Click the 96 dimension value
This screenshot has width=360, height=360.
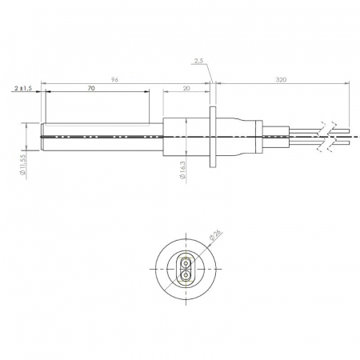tap(114, 80)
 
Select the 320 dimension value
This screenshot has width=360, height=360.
tap(281, 80)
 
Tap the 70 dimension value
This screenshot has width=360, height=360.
tap(91, 88)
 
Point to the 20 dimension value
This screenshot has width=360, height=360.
tap(186, 88)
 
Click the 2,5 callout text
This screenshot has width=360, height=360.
tap(198, 61)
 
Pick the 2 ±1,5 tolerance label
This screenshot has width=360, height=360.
tap(23, 88)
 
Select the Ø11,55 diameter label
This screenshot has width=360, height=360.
tap(22, 165)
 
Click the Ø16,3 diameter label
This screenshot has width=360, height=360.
tap(182, 170)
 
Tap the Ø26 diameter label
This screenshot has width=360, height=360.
tap(216, 235)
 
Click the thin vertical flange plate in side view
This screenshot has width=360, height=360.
tap(213, 137)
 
